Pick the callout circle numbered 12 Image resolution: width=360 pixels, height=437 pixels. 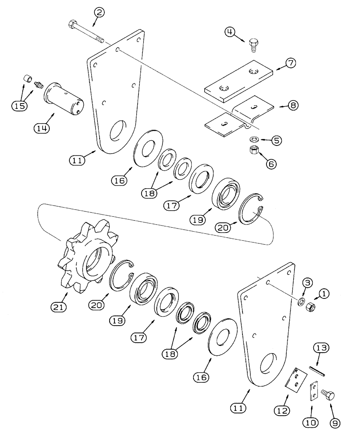point(281,411)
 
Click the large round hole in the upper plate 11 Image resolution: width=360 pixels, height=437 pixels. point(118,132)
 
